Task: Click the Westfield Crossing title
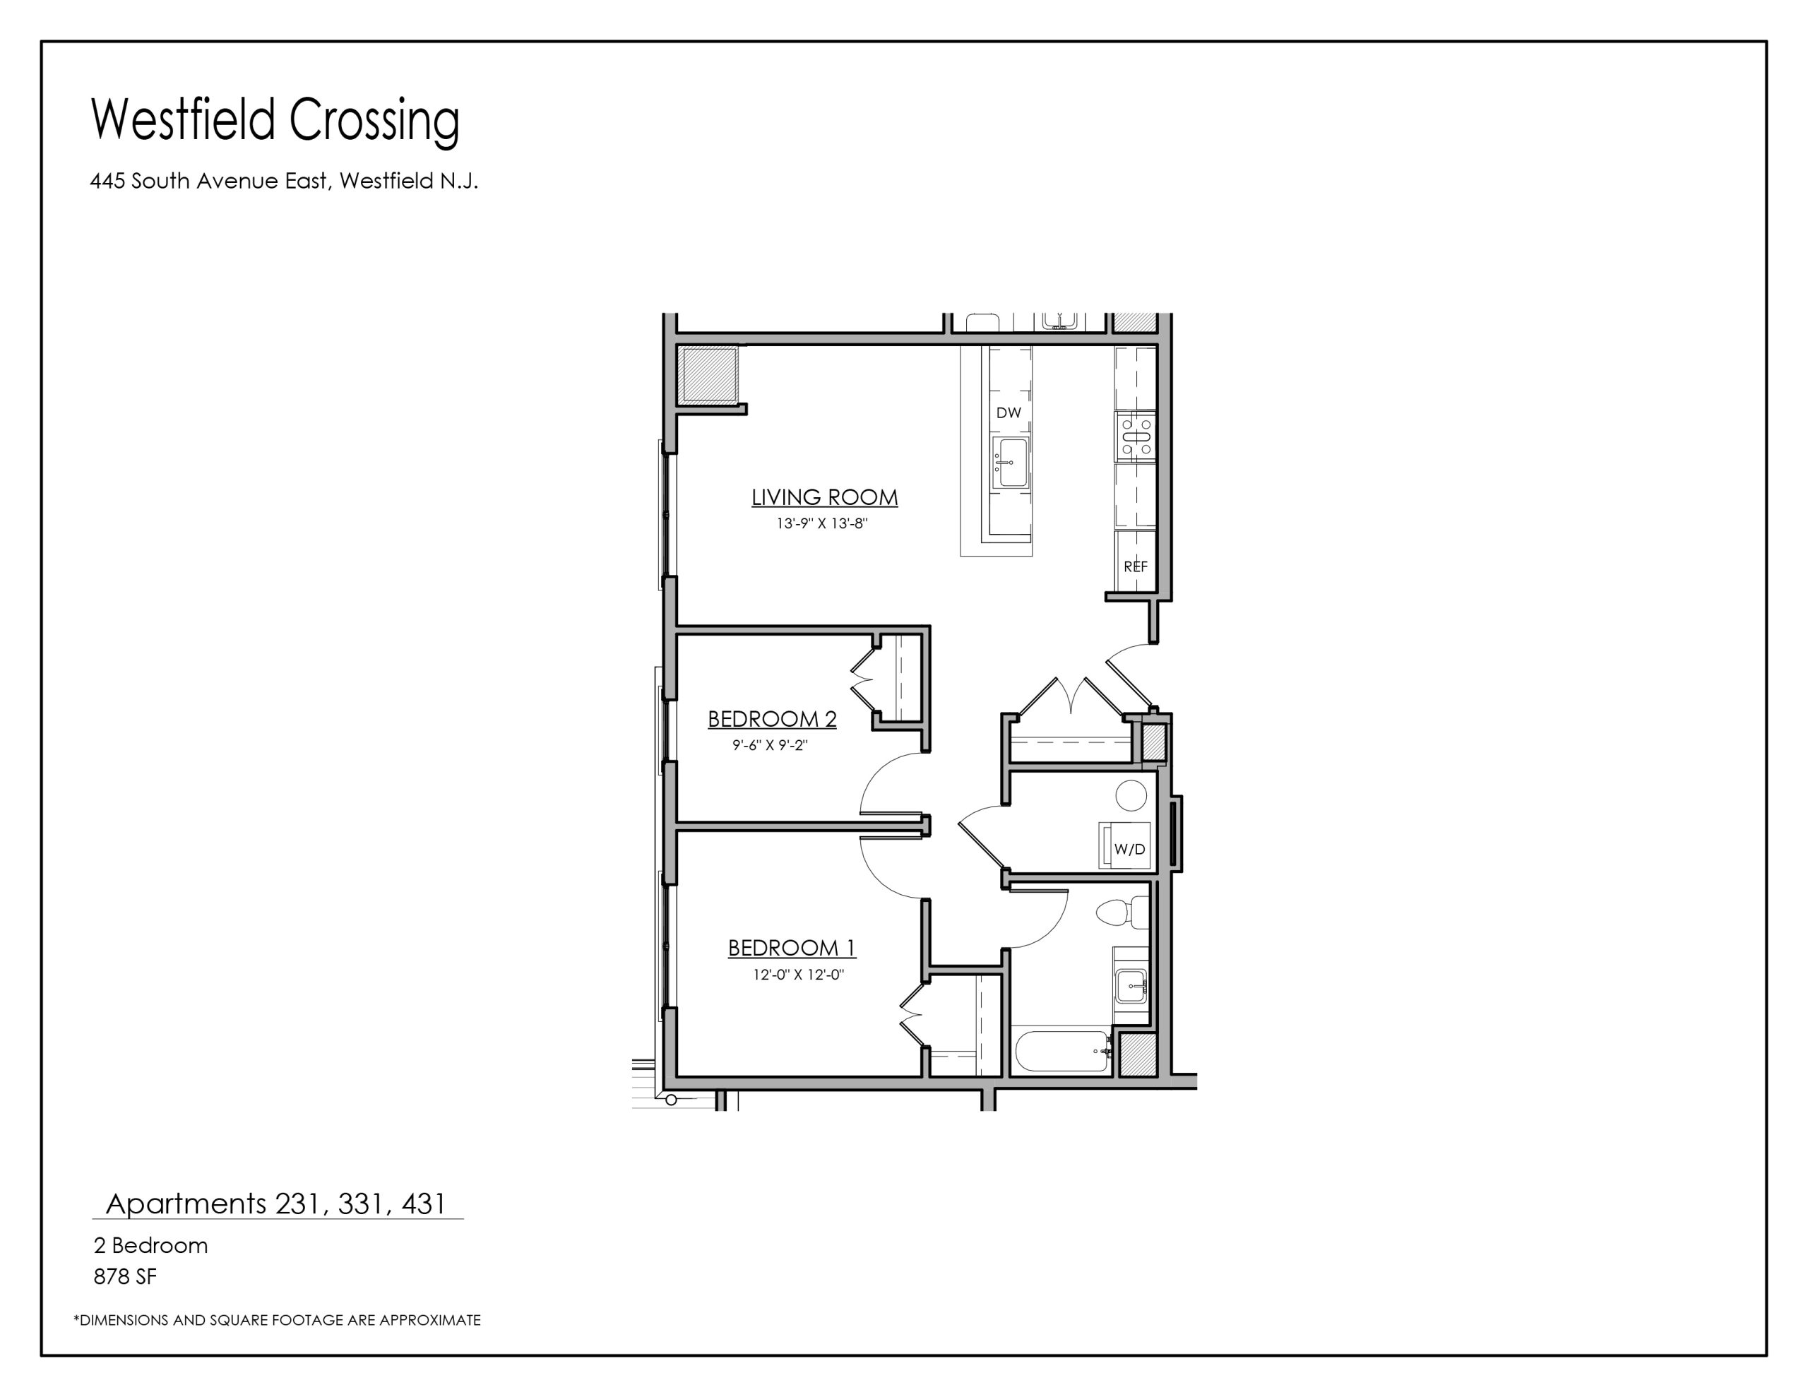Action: click(x=275, y=121)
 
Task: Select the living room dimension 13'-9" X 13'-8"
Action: click(x=822, y=523)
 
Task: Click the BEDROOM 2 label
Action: click(x=771, y=719)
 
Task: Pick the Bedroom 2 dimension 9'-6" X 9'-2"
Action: click(x=770, y=745)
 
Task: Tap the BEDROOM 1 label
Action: click(x=792, y=947)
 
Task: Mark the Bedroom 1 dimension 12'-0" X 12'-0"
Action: click(x=798, y=975)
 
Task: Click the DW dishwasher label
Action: click(x=1009, y=412)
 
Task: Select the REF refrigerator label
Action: click(x=1136, y=566)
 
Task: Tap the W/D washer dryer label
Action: click(x=1129, y=849)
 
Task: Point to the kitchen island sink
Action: click(x=1010, y=462)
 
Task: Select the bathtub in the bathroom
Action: click(x=1062, y=1052)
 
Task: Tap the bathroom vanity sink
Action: click(x=1131, y=986)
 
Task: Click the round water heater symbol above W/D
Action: click(x=1131, y=795)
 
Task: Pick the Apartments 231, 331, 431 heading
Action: click(x=277, y=1203)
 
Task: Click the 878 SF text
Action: click(x=125, y=1277)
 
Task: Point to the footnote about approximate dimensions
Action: click(x=278, y=1320)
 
